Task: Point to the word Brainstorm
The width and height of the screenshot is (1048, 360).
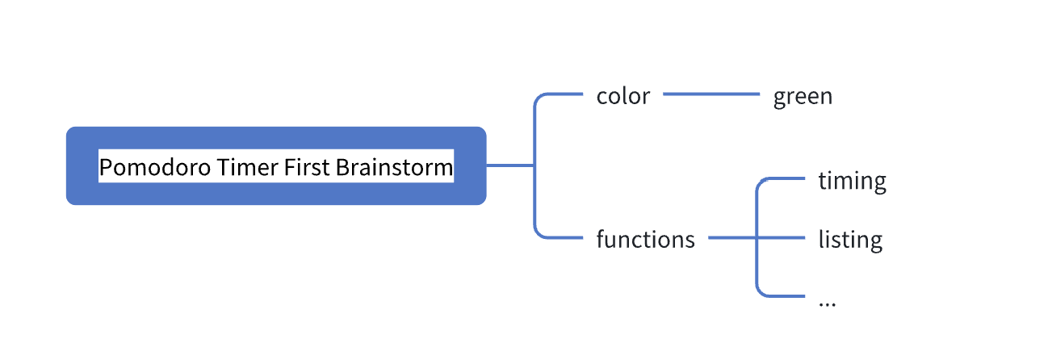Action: pyautogui.click(x=394, y=168)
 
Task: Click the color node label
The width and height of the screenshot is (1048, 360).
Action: pyautogui.click(x=623, y=96)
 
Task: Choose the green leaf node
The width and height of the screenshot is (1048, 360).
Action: pyautogui.click(x=803, y=97)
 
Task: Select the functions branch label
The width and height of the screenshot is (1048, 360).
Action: pyautogui.click(x=645, y=240)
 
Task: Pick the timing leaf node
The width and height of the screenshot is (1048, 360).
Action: pyautogui.click(x=852, y=180)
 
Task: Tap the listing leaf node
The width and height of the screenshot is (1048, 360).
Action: pyautogui.click(x=850, y=240)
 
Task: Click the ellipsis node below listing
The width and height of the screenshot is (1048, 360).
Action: pyautogui.click(x=827, y=302)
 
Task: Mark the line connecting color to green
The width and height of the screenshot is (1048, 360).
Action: pyautogui.click(x=711, y=94)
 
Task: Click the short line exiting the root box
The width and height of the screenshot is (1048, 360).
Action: pyautogui.click(x=509, y=165)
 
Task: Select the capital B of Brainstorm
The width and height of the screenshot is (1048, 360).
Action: pyautogui.click(x=342, y=168)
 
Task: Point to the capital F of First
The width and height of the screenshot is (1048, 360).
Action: pyautogui.click(x=288, y=168)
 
